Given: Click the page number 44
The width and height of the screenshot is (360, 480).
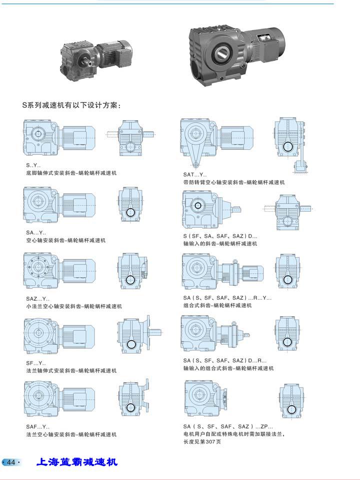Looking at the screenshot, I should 11,462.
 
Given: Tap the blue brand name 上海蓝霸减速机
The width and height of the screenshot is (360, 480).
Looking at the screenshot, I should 77,462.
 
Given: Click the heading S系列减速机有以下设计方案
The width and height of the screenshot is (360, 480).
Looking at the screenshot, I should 71,105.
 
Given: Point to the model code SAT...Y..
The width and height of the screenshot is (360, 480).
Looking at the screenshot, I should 195,175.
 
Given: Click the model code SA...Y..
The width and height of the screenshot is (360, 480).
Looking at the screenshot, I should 36,233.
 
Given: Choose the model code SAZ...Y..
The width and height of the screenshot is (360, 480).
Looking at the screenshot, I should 37,299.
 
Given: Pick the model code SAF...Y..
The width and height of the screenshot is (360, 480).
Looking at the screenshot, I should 37,427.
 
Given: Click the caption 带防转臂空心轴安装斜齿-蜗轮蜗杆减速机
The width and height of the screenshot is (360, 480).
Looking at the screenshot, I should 233,182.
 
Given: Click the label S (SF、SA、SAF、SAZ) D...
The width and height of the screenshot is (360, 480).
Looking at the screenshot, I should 220,236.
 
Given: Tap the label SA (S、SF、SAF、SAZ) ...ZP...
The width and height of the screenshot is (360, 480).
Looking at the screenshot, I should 228,427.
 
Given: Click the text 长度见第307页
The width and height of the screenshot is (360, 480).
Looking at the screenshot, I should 202,442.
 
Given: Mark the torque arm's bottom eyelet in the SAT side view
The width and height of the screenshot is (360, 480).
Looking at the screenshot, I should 196,165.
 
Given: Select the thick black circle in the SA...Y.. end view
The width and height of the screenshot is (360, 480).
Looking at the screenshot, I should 131,212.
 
